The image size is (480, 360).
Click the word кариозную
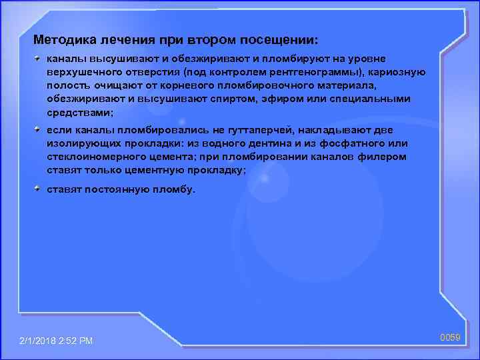tap(394, 72)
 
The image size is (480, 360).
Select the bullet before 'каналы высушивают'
tap(39, 59)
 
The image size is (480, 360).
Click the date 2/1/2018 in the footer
tap(42, 341)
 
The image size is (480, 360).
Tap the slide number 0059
tap(450, 339)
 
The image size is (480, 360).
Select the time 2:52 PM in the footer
tap(80, 341)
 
